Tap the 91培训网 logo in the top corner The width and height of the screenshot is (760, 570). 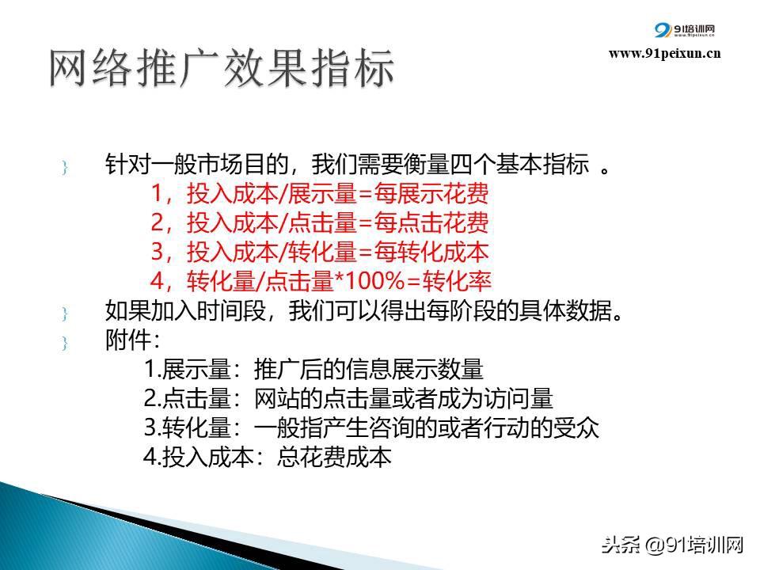684,30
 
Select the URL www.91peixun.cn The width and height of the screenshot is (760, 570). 664,53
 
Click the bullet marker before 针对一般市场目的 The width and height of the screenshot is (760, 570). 64,168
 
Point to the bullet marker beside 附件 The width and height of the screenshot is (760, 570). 64,343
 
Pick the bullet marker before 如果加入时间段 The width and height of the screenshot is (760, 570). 64,313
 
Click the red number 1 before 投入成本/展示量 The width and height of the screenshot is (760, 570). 157,193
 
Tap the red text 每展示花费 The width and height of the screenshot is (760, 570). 431,193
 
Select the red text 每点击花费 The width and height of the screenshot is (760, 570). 431,222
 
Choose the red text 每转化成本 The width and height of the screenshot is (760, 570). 431,252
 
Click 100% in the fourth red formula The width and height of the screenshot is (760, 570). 374,281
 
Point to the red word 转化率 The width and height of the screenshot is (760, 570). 457,281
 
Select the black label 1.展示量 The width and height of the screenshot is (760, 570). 188,369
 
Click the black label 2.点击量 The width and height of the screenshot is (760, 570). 188,398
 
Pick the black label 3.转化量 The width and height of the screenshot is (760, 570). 188,427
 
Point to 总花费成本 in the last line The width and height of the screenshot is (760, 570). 334,457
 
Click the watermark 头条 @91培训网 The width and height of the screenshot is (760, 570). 672,545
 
